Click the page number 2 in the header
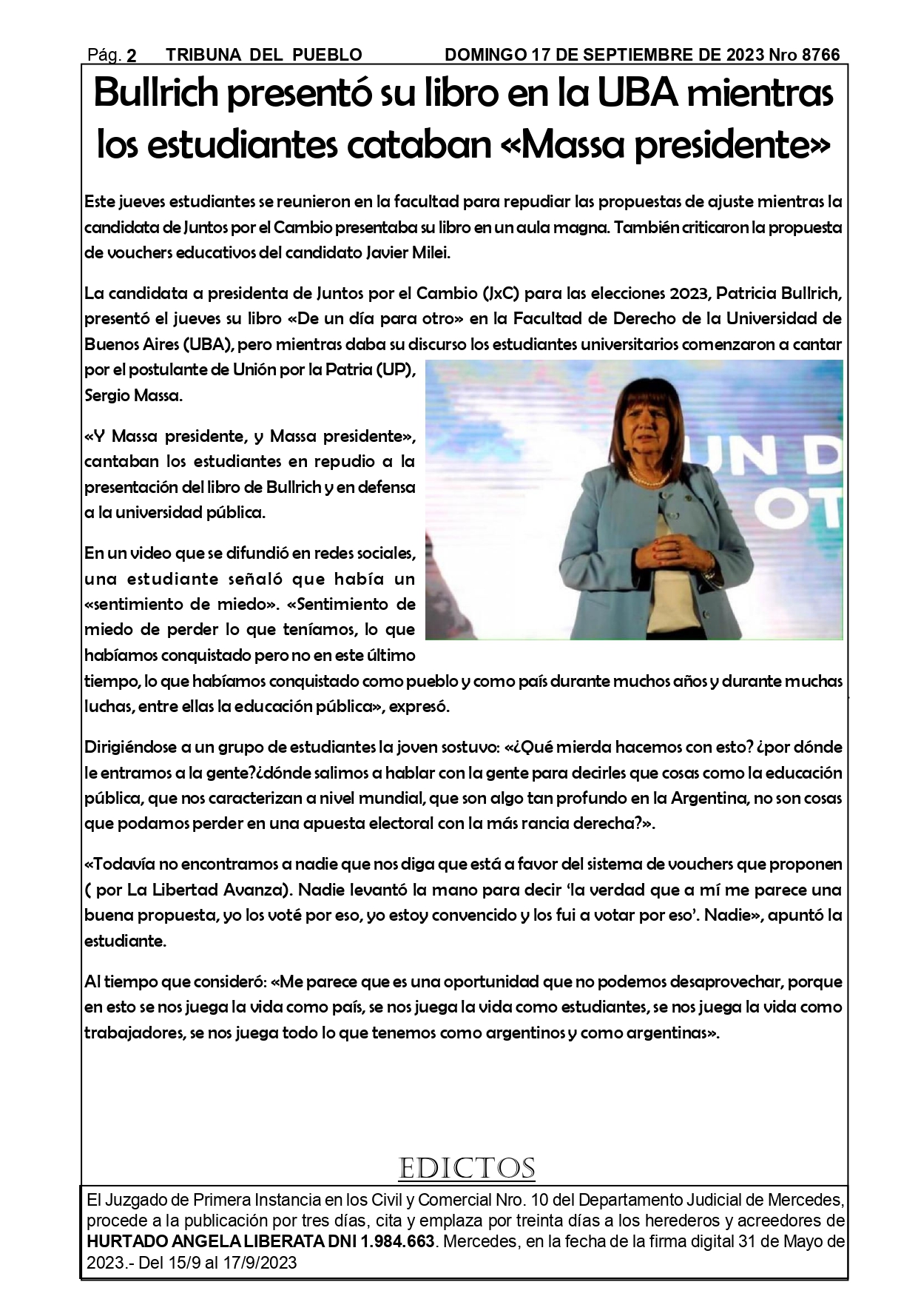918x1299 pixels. tap(132, 56)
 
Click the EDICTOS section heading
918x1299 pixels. tap(466, 1169)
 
